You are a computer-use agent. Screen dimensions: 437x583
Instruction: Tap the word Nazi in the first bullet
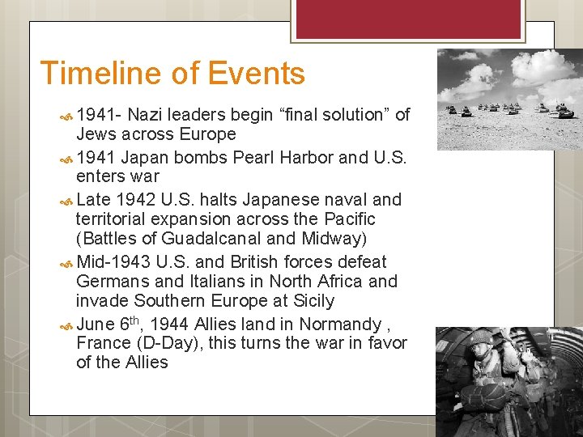click(146, 115)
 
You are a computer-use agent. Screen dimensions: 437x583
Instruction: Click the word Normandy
click(340, 325)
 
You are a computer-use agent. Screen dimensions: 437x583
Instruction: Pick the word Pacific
click(349, 218)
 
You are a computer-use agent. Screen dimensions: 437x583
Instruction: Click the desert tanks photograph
click(509, 98)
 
